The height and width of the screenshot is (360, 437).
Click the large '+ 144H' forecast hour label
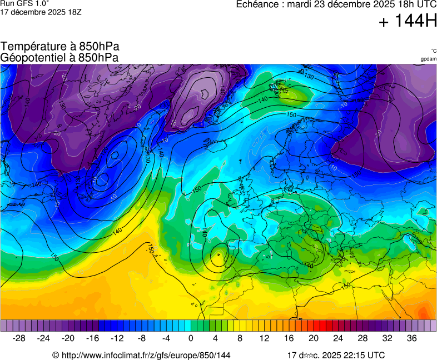coord(408,22)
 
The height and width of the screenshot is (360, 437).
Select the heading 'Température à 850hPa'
coord(59,47)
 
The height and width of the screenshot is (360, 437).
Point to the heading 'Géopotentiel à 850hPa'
coord(59,57)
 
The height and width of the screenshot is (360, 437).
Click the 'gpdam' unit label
coord(428,58)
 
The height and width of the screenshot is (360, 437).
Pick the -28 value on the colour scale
coord(19,338)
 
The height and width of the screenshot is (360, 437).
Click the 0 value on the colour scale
coord(191,338)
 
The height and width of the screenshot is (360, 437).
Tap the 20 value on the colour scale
coord(313,338)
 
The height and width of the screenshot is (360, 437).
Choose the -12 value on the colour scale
coord(117,338)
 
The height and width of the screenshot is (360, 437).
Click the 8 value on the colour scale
coord(240,338)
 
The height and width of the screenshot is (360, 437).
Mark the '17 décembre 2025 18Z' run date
coord(41,12)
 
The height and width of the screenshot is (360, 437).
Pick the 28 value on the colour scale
coord(362,338)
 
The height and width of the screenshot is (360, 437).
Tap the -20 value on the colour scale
coord(68,338)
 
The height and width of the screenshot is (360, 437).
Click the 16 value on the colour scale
coord(289,338)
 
